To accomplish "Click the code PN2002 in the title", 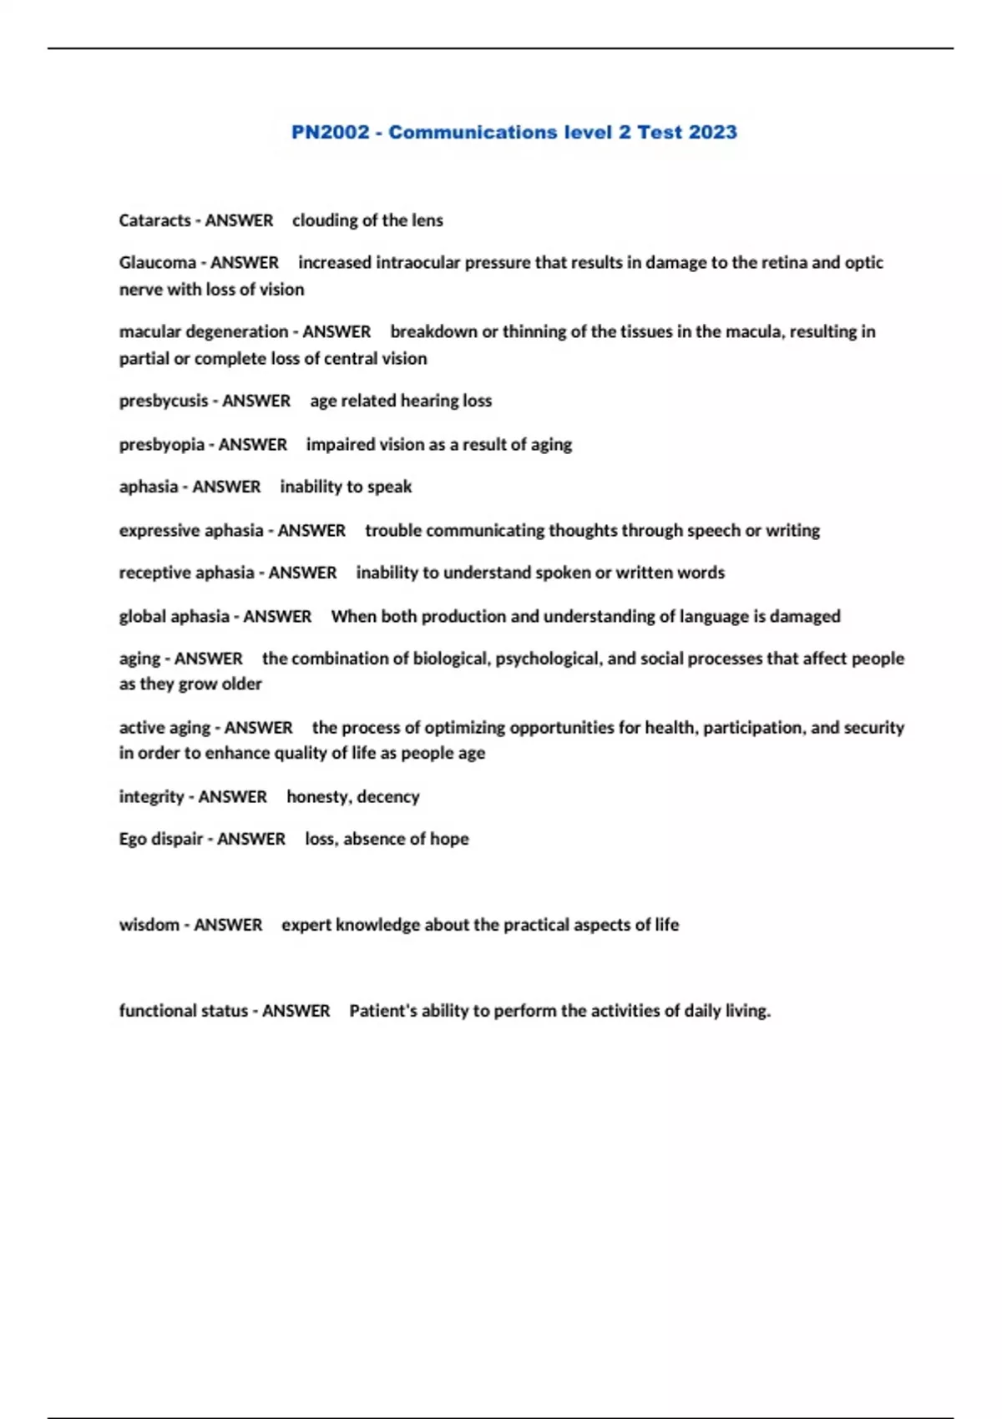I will (x=330, y=132).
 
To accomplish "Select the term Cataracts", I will (x=154, y=220).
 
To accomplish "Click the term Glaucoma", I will (x=157, y=262).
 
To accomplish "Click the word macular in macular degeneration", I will (x=149, y=331).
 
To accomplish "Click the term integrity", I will (x=151, y=797).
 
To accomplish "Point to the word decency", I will (x=388, y=797).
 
